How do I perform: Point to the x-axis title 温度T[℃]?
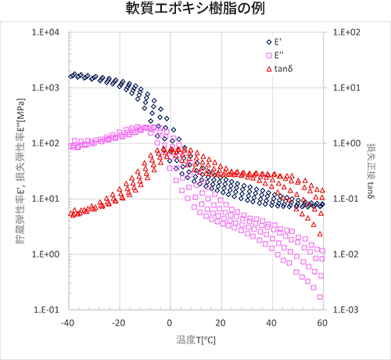click(x=195, y=340)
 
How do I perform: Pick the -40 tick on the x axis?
click(x=70, y=323)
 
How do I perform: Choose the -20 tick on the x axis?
click(x=120, y=323)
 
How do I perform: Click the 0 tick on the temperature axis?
click(x=170, y=323)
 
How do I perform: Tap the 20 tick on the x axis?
click(x=221, y=323)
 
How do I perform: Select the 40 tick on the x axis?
click(x=272, y=323)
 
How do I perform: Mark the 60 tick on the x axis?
click(x=322, y=323)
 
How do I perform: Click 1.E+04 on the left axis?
click(x=47, y=33)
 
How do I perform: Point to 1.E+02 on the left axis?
click(x=47, y=144)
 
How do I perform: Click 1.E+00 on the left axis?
click(x=47, y=254)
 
